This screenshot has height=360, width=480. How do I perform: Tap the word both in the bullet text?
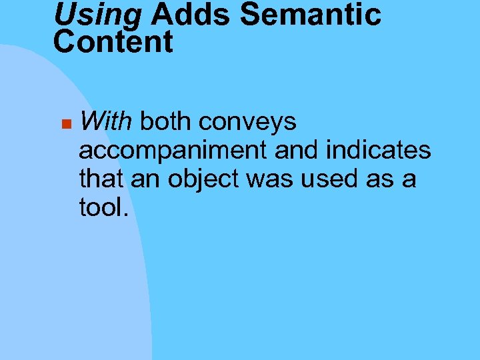click(x=165, y=122)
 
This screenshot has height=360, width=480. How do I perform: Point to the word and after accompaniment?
click(x=297, y=150)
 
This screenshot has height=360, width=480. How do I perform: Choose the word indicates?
click(x=379, y=150)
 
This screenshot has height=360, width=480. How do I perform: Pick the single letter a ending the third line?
click(x=409, y=180)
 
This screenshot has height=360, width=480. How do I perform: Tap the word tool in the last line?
click(x=99, y=207)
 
